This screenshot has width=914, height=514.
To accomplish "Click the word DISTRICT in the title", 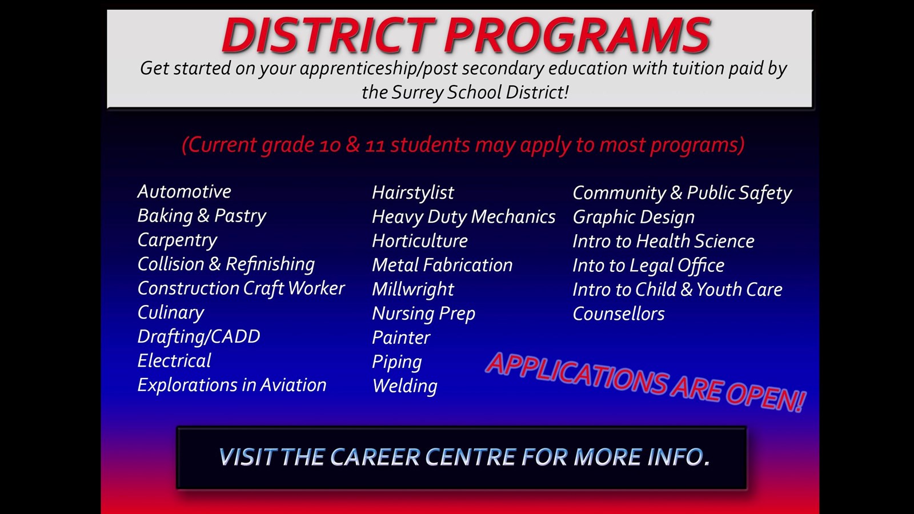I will click(x=328, y=35).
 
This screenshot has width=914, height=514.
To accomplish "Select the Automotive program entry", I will click(x=184, y=191).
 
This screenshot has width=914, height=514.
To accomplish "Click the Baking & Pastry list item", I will click(x=202, y=216).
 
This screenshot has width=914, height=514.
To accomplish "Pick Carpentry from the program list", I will click(x=177, y=240).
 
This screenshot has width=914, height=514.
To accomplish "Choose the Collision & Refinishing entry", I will click(x=226, y=264).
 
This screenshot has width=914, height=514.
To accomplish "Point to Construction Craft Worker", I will click(x=240, y=288).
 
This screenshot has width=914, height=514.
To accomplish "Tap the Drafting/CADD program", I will click(x=198, y=337).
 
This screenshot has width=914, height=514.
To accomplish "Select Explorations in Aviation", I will click(x=231, y=385).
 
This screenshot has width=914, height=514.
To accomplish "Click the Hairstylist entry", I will click(x=412, y=193).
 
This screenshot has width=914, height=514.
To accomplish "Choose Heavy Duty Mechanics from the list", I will click(x=463, y=217).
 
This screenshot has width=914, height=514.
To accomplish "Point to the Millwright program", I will click(x=412, y=290).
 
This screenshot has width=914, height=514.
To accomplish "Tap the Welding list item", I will click(x=404, y=386).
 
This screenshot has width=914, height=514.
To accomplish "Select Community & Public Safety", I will click(x=682, y=193).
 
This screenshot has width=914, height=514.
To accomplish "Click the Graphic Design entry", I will click(x=634, y=217).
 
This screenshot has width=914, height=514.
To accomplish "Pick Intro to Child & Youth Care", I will click(x=677, y=290).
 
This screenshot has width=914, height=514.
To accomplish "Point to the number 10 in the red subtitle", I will click(x=330, y=146).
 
